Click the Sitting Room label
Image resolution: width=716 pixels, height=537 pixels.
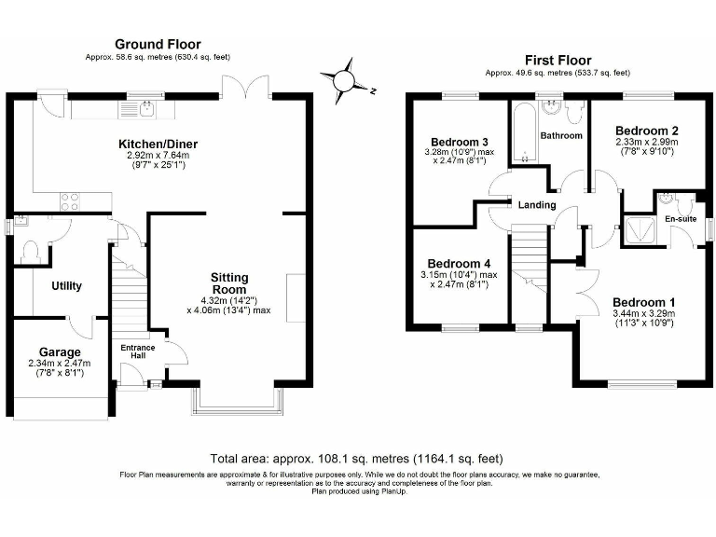click(x=228, y=284)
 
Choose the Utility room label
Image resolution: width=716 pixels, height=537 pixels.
click(x=67, y=286)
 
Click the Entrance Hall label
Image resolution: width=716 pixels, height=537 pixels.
click(x=138, y=352)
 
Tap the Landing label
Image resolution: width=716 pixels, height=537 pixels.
click(x=537, y=205)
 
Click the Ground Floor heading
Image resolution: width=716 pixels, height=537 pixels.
click(x=157, y=44)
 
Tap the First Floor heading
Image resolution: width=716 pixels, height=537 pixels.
click(x=558, y=59)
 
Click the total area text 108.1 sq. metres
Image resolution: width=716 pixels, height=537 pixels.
click(x=357, y=458)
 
